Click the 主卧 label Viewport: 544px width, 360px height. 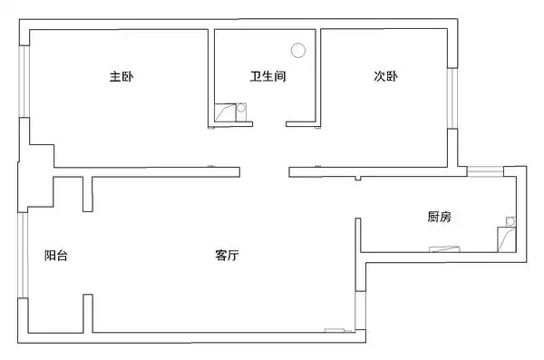click(x=121, y=77)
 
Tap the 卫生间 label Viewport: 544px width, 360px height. click(x=268, y=77)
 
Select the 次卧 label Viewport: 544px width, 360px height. click(x=385, y=77)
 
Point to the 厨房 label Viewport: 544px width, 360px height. click(x=440, y=217)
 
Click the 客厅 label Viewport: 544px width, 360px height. click(x=227, y=256)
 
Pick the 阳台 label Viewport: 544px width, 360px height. click(x=55, y=256)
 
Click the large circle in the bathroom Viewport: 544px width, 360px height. click(x=297, y=52)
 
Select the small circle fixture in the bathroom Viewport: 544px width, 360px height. click(x=241, y=109)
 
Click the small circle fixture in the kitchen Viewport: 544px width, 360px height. click(x=510, y=220)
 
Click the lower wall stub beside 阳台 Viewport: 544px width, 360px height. click(x=88, y=313)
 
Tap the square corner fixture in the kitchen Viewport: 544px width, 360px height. click(x=503, y=239)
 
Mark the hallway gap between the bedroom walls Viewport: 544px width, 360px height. click(x=264, y=170)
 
